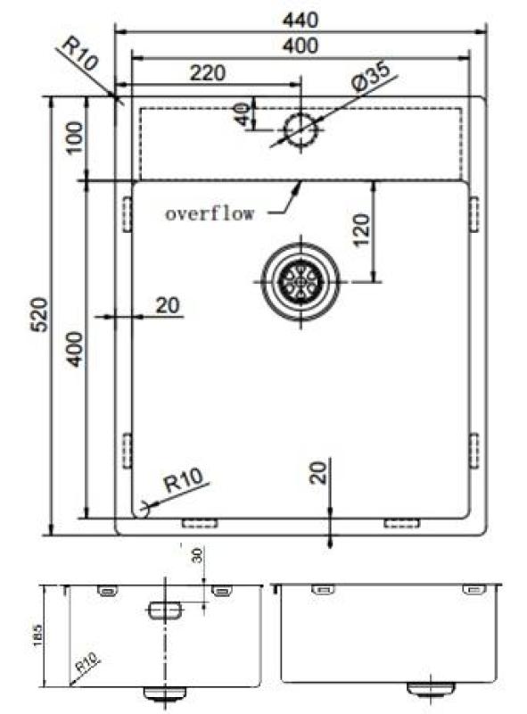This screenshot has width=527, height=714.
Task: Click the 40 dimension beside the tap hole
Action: coord(241,114)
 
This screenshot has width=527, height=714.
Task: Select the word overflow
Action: coord(210,213)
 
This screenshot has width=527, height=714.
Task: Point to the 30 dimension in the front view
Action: coord(198,555)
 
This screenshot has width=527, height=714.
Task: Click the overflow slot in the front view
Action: coord(164,610)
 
